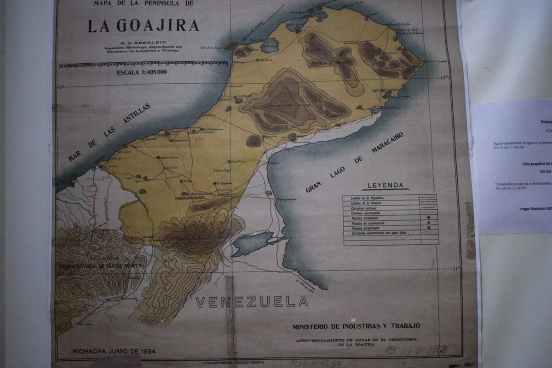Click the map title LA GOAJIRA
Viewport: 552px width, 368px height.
click(143, 26)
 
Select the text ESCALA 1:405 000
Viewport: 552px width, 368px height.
click(142, 73)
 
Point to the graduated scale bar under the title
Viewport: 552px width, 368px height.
click(143, 64)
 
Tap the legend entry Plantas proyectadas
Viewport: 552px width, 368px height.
click(366, 228)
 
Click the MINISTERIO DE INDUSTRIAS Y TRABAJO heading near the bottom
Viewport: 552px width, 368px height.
click(356, 326)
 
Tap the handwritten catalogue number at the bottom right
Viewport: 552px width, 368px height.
click(416, 350)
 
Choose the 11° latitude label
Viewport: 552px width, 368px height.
click(456, 269)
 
